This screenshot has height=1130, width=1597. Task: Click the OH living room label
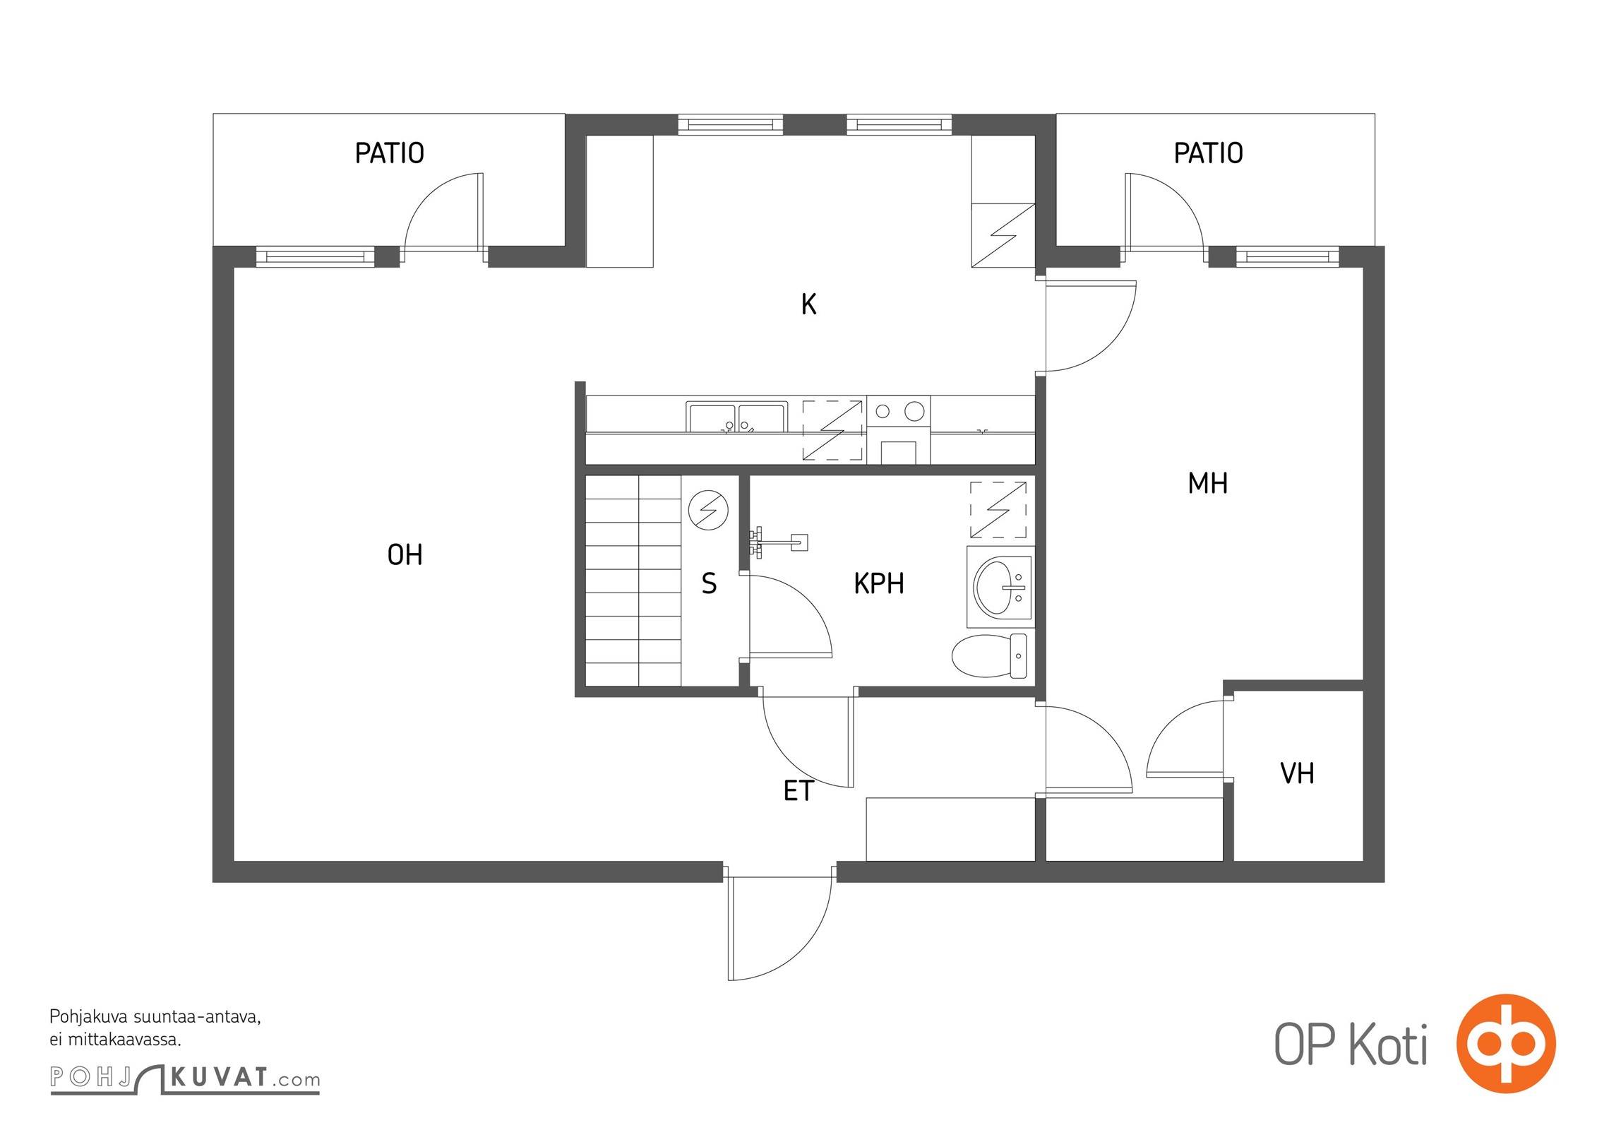tap(405, 555)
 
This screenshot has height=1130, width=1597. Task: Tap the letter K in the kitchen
tap(808, 304)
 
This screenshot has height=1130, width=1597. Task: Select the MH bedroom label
tap(1207, 484)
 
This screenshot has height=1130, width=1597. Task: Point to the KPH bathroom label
tap(878, 584)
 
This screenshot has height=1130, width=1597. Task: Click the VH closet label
tap(1297, 774)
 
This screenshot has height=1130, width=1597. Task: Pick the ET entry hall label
tap(798, 791)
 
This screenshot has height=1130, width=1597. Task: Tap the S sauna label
tap(709, 584)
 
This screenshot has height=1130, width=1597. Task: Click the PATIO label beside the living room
tap(389, 153)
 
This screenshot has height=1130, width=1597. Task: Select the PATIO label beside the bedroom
tap(1208, 153)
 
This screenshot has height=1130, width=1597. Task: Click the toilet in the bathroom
tap(988, 656)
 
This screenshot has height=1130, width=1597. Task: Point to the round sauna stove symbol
tap(708, 510)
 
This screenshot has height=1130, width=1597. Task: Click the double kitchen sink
tap(736, 417)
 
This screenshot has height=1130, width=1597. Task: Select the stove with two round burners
tap(898, 429)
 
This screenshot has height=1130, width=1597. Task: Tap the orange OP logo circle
tap(1506, 1043)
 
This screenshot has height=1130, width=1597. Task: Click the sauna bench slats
tap(633, 581)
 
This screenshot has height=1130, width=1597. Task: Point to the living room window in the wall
tap(315, 256)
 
